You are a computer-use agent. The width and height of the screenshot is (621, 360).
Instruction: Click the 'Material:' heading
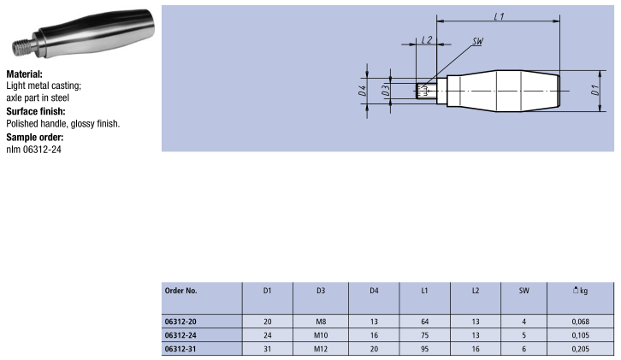point(24,74)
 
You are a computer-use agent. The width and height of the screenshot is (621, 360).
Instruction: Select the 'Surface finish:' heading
point(36,111)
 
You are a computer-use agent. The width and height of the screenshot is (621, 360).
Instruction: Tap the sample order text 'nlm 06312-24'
point(33,150)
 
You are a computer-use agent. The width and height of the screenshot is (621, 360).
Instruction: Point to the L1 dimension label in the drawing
point(499,16)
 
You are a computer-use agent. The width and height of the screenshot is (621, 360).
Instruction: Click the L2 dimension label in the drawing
point(427,39)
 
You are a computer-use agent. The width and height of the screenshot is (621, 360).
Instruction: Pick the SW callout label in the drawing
point(478,41)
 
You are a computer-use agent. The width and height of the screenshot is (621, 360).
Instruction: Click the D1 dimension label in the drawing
point(594,90)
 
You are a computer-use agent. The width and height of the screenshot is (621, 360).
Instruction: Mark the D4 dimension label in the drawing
point(362,91)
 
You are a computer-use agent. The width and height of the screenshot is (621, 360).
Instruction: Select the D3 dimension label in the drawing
point(386,90)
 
